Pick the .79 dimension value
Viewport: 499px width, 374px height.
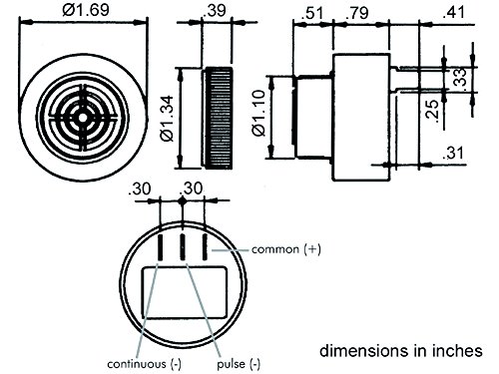pos(357,13)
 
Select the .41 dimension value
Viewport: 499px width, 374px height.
pos(458,13)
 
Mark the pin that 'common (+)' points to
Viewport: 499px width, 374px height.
pos(204,246)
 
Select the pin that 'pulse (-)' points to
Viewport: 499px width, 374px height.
pos(183,246)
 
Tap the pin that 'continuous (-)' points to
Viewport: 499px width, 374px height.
pos(162,246)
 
